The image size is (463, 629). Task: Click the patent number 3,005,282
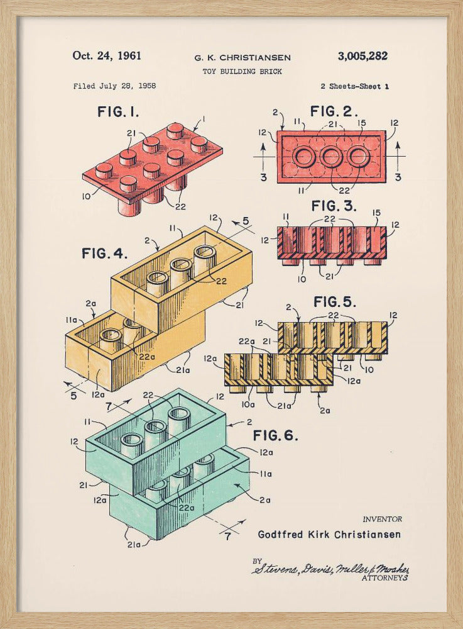tap(362, 56)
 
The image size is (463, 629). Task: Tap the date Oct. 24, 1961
tap(107, 55)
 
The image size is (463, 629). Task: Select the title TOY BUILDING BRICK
tap(242, 72)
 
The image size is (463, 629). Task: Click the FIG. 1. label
tap(118, 112)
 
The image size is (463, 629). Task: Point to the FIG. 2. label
tap(334, 112)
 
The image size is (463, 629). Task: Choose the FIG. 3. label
tap(334, 206)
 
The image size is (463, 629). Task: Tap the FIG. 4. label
tap(104, 254)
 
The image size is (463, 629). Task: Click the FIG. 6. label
tap(276, 435)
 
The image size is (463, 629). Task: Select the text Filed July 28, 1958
tap(114, 86)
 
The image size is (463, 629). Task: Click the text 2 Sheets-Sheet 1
tap(354, 86)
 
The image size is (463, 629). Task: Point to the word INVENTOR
tap(382, 519)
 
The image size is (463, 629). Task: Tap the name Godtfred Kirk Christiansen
tap(329, 535)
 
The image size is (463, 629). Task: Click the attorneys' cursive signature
tap(330, 568)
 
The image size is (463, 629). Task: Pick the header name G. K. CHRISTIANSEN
tap(242, 58)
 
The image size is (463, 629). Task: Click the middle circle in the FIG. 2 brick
tap(332, 156)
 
